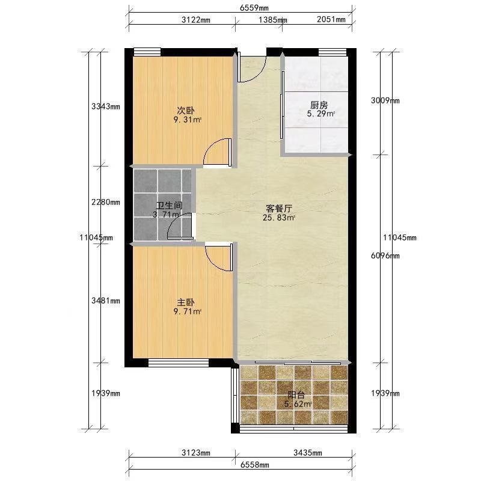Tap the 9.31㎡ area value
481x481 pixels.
(188, 120)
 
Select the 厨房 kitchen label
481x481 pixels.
(319, 105)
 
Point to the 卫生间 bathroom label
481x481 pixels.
(170, 205)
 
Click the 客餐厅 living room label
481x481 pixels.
(279, 209)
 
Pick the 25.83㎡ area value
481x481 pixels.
(279, 218)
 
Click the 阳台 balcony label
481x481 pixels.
(296, 395)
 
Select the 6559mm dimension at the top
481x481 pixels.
(254, 8)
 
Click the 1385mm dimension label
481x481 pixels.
(273, 20)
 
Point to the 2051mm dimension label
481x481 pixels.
(331, 19)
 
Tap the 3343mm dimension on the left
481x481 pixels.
(106, 106)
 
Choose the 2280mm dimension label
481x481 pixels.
(106, 202)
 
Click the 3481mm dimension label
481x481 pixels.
(106, 301)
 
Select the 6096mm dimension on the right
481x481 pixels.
(385, 256)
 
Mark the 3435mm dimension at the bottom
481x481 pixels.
(308, 453)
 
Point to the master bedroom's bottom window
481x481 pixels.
(179, 363)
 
